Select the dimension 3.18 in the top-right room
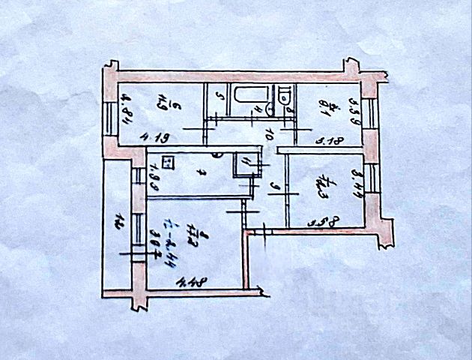[x=327, y=139]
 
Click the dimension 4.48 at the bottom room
[x=192, y=282]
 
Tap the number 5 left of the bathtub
[x=218, y=96]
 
